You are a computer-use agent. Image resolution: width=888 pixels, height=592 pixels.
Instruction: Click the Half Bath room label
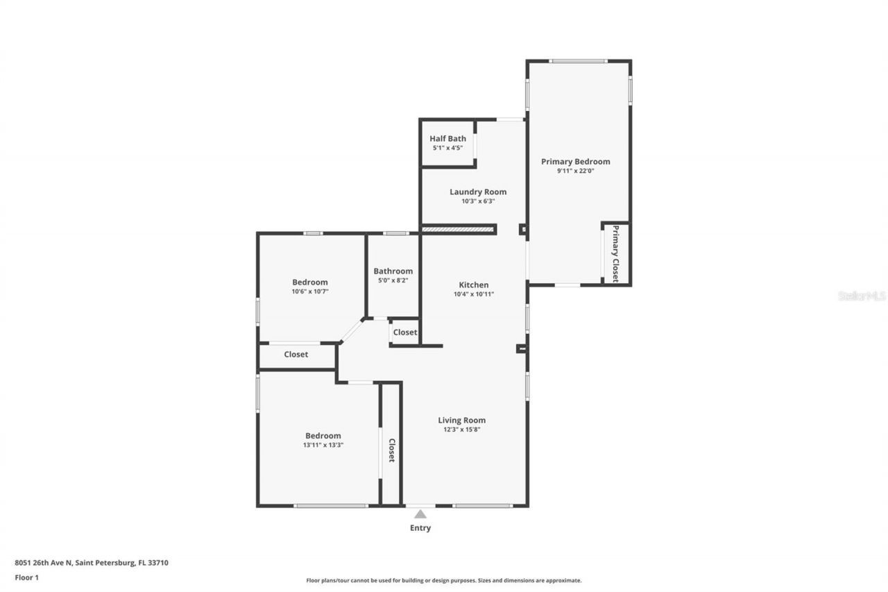[447, 139]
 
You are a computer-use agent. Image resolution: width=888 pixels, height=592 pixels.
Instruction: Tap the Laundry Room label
[478, 192]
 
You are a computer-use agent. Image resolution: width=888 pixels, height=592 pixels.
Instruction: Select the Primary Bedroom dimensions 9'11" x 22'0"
[575, 171]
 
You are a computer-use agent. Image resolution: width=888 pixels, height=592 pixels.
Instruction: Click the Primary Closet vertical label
[615, 253]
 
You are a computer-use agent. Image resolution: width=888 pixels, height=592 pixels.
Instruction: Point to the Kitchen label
[474, 285]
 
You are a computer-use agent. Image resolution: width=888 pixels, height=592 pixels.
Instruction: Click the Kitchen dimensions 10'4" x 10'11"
[474, 294]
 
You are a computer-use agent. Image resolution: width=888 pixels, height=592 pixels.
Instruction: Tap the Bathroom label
[393, 271]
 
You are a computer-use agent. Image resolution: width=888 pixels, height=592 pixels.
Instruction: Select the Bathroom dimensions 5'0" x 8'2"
[393, 280]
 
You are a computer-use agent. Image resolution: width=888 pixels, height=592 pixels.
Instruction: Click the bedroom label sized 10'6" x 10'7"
[309, 282]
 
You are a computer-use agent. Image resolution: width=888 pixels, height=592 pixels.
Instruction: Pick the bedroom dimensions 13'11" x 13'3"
[323, 445]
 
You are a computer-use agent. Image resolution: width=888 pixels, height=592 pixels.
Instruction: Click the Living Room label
[461, 420]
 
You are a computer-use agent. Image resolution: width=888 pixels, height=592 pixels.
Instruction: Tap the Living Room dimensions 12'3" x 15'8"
[461, 430]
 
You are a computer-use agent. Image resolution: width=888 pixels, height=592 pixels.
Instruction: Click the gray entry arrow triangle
[420, 514]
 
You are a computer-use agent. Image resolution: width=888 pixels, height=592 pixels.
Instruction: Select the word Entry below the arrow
[420, 528]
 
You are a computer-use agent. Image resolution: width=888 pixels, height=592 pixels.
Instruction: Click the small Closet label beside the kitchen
[405, 332]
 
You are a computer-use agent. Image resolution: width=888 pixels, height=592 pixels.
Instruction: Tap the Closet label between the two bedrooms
[296, 355]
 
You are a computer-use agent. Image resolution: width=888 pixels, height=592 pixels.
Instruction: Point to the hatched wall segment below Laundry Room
[458, 229]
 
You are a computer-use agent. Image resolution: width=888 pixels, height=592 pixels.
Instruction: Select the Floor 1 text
[27, 577]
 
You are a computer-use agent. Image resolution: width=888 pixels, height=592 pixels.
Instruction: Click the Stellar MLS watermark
[862, 296]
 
